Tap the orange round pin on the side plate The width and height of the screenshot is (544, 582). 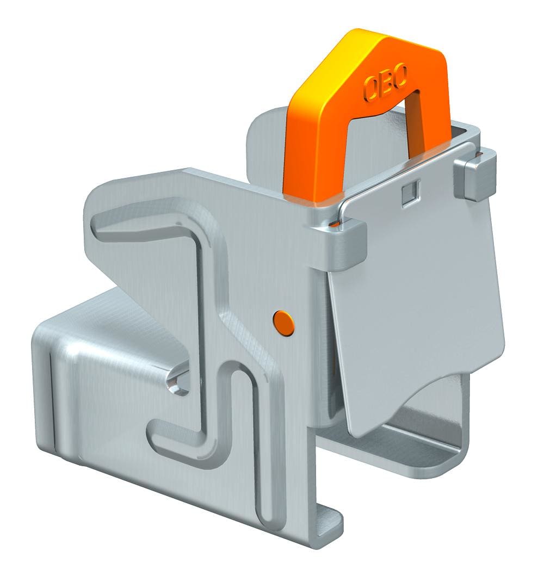point(284,323)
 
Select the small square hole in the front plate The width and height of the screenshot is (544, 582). point(411,190)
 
